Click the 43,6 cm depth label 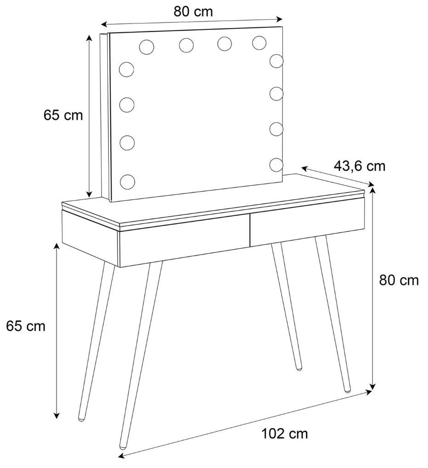(x=359, y=166)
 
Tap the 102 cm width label (x=284, y=434)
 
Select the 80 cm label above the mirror (x=193, y=11)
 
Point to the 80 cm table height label (x=399, y=280)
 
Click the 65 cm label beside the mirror (x=63, y=115)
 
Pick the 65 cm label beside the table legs (x=26, y=326)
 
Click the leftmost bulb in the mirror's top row (x=146, y=47)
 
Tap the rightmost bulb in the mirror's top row (x=259, y=43)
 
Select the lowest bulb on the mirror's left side (x=127, y=182)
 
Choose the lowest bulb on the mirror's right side (x=276, y=164)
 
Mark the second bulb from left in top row (x=186, y=45)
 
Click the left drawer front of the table (x=185, y=240)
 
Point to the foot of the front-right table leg (x=347, y=390)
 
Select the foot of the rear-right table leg (x=299, y=368)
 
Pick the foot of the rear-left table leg (x=81, y=418)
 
